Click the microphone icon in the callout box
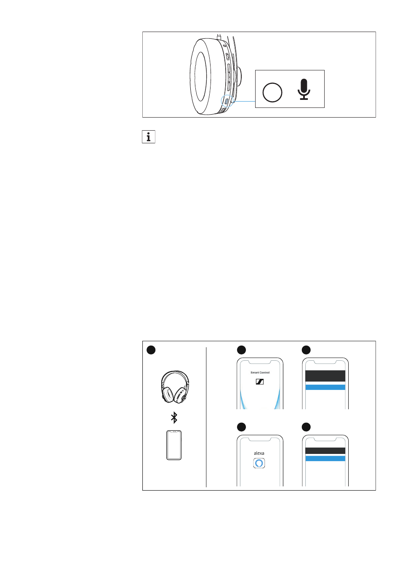(304, 89)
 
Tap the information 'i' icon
(149, 137)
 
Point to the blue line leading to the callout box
(244, 101)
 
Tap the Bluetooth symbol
(174, 417)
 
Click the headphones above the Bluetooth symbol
(175, 386)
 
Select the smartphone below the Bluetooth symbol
(174, 445)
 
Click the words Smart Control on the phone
(260, 373)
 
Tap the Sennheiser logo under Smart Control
(260, 381)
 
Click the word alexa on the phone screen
(259, 453)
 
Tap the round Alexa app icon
(259, 463)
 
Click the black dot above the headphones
(151, 350)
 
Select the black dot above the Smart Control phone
(241, 350)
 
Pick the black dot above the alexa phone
(241, 427)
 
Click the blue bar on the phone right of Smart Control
(325, 387)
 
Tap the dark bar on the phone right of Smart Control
(325, 376)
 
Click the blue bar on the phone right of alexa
(325, 458)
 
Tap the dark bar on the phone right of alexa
(325, 451)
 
